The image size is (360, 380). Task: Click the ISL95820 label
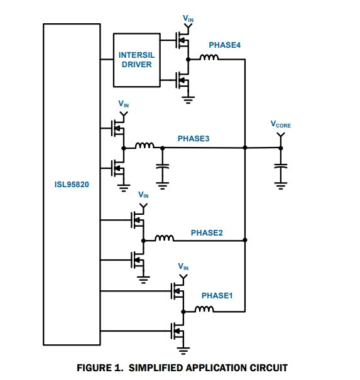pyautogui.click(x=72, y=185)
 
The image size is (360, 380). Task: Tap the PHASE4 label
pyautogui.click(x=225, y=45)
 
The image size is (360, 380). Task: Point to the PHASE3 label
pyautogui.click(x=194, y=139)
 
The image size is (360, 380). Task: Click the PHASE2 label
pyautogui.click(x=207, y=232)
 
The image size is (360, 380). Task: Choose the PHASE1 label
pyautogui.click(x=217, y=296)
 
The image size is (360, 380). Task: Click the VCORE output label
pyautogui.click(x=280, y=124)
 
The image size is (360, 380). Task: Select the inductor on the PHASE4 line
pyautogui.click(x=209, y=57)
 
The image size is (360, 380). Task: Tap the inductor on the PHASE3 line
pyautogui.click(x=145, y=145)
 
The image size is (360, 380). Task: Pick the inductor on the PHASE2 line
pyautogui.click(x=164, y=238)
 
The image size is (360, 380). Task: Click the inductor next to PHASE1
pyautogui.click(x=204, y=309)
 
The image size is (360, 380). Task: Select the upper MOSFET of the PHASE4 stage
pyautogui.click(x=182, y=40)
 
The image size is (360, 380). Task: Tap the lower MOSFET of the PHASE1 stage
pyautogui.click(x=177, y=331)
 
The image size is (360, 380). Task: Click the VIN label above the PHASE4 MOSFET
pyautogui.click(x=188, y=18)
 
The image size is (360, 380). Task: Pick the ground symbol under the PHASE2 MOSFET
pyautogui.click(x=143, y=280)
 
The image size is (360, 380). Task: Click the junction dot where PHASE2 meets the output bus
pyautogui.click(x=245, y=240)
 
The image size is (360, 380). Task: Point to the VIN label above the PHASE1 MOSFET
pyautogui.click(x=183, y=266)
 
